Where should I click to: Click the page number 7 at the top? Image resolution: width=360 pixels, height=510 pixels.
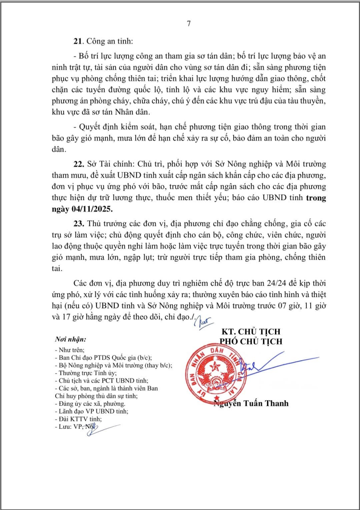click(x=189, y=23)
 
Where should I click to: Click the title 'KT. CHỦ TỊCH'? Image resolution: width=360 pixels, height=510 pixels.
click(x=251, y=332)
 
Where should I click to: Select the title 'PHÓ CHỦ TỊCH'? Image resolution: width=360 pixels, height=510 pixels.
click(x=250, y=341)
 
